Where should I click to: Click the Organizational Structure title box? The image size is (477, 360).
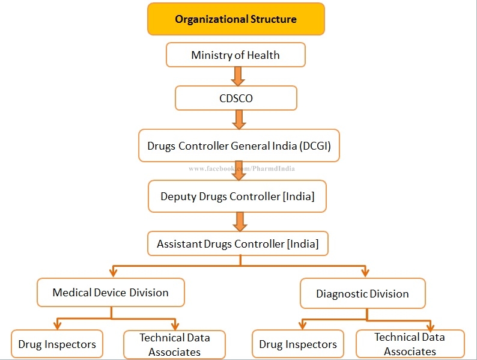coord(235,19)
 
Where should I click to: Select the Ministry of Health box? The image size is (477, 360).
coord(235,55)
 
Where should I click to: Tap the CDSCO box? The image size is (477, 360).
coord(236,98)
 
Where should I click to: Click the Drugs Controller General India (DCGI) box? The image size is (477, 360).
coord(239,145)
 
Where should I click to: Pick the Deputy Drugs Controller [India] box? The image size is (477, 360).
coord(237,197)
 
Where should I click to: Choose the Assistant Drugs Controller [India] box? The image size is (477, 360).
coord(237,244)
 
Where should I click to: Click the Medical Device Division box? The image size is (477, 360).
coord(111,293)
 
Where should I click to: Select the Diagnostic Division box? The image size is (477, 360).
coord(362,294)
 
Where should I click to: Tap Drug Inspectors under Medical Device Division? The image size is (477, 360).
coord(57,344)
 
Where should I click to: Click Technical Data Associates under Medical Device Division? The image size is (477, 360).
coord(174,344)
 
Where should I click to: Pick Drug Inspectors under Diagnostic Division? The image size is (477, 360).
coord(298,344)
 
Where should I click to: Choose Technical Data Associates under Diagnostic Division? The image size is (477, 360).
coord(410,344)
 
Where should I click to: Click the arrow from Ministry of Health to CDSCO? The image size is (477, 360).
coord(238,76)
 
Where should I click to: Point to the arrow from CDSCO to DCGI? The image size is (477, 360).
coord(239,119)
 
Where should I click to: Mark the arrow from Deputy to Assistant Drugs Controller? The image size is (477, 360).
coord(240,221)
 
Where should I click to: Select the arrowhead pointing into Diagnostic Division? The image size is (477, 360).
coord(365,273)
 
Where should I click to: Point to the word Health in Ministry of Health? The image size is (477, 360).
coord(264,55)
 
